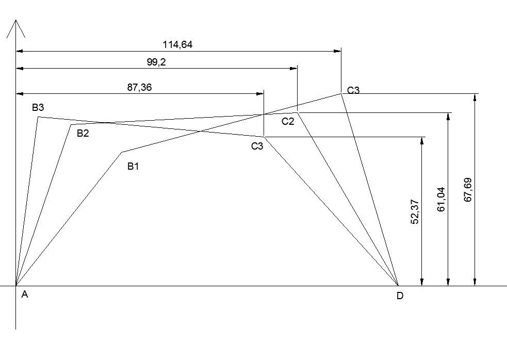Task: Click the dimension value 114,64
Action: point(177,45)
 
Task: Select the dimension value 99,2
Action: point(156,62)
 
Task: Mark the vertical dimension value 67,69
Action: point(467,190)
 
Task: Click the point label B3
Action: point(38,108)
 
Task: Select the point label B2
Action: point(83,134)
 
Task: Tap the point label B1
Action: point(134,166)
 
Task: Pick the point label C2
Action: point(288,122)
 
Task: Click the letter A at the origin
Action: point(24,295)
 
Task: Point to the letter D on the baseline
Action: point(400,296)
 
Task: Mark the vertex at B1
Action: point(122,152)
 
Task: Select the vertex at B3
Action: point(38,117)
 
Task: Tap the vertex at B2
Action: point(71,124)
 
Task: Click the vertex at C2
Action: point(298,112)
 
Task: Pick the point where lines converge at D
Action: point(399,285)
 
